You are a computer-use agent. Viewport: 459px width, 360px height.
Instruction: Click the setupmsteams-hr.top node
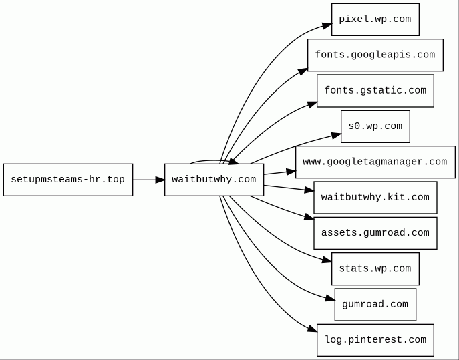[68, 180]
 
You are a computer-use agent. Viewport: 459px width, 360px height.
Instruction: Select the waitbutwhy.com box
[214, 180]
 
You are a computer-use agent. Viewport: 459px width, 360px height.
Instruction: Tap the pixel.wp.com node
[375, 19]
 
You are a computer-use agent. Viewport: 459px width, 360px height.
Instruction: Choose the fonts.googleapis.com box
[375, 55]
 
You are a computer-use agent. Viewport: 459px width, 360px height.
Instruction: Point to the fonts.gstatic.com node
[375, 91]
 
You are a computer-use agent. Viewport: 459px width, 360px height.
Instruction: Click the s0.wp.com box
[375, 126]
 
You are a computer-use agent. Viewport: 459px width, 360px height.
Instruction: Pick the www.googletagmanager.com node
[375, 162]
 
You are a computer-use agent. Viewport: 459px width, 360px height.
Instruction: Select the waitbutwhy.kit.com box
[375, 198]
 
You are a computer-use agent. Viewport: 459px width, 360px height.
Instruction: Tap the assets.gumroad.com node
[375, 233]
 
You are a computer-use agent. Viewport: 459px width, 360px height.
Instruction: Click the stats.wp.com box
[375, 268]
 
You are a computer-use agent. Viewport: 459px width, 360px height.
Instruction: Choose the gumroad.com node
[375, 305]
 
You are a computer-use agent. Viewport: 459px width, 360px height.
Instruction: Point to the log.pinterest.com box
[375, 340]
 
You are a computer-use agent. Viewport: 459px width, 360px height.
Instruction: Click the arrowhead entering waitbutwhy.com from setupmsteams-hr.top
[160, 180]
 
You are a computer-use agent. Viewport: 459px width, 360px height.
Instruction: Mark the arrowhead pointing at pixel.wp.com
[327, 25]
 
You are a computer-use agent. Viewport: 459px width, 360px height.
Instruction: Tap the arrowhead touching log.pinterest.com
[313, 329]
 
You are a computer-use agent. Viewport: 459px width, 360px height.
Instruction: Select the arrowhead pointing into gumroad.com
[330, 299]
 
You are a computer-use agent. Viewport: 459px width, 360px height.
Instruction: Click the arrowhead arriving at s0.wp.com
[336, 135]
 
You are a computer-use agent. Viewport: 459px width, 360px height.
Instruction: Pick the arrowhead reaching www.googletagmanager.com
[291, 172]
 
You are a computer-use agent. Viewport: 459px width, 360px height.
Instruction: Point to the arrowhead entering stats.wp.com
[327, 260]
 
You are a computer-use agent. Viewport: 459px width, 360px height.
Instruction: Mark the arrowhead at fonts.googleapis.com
[303, 71]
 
